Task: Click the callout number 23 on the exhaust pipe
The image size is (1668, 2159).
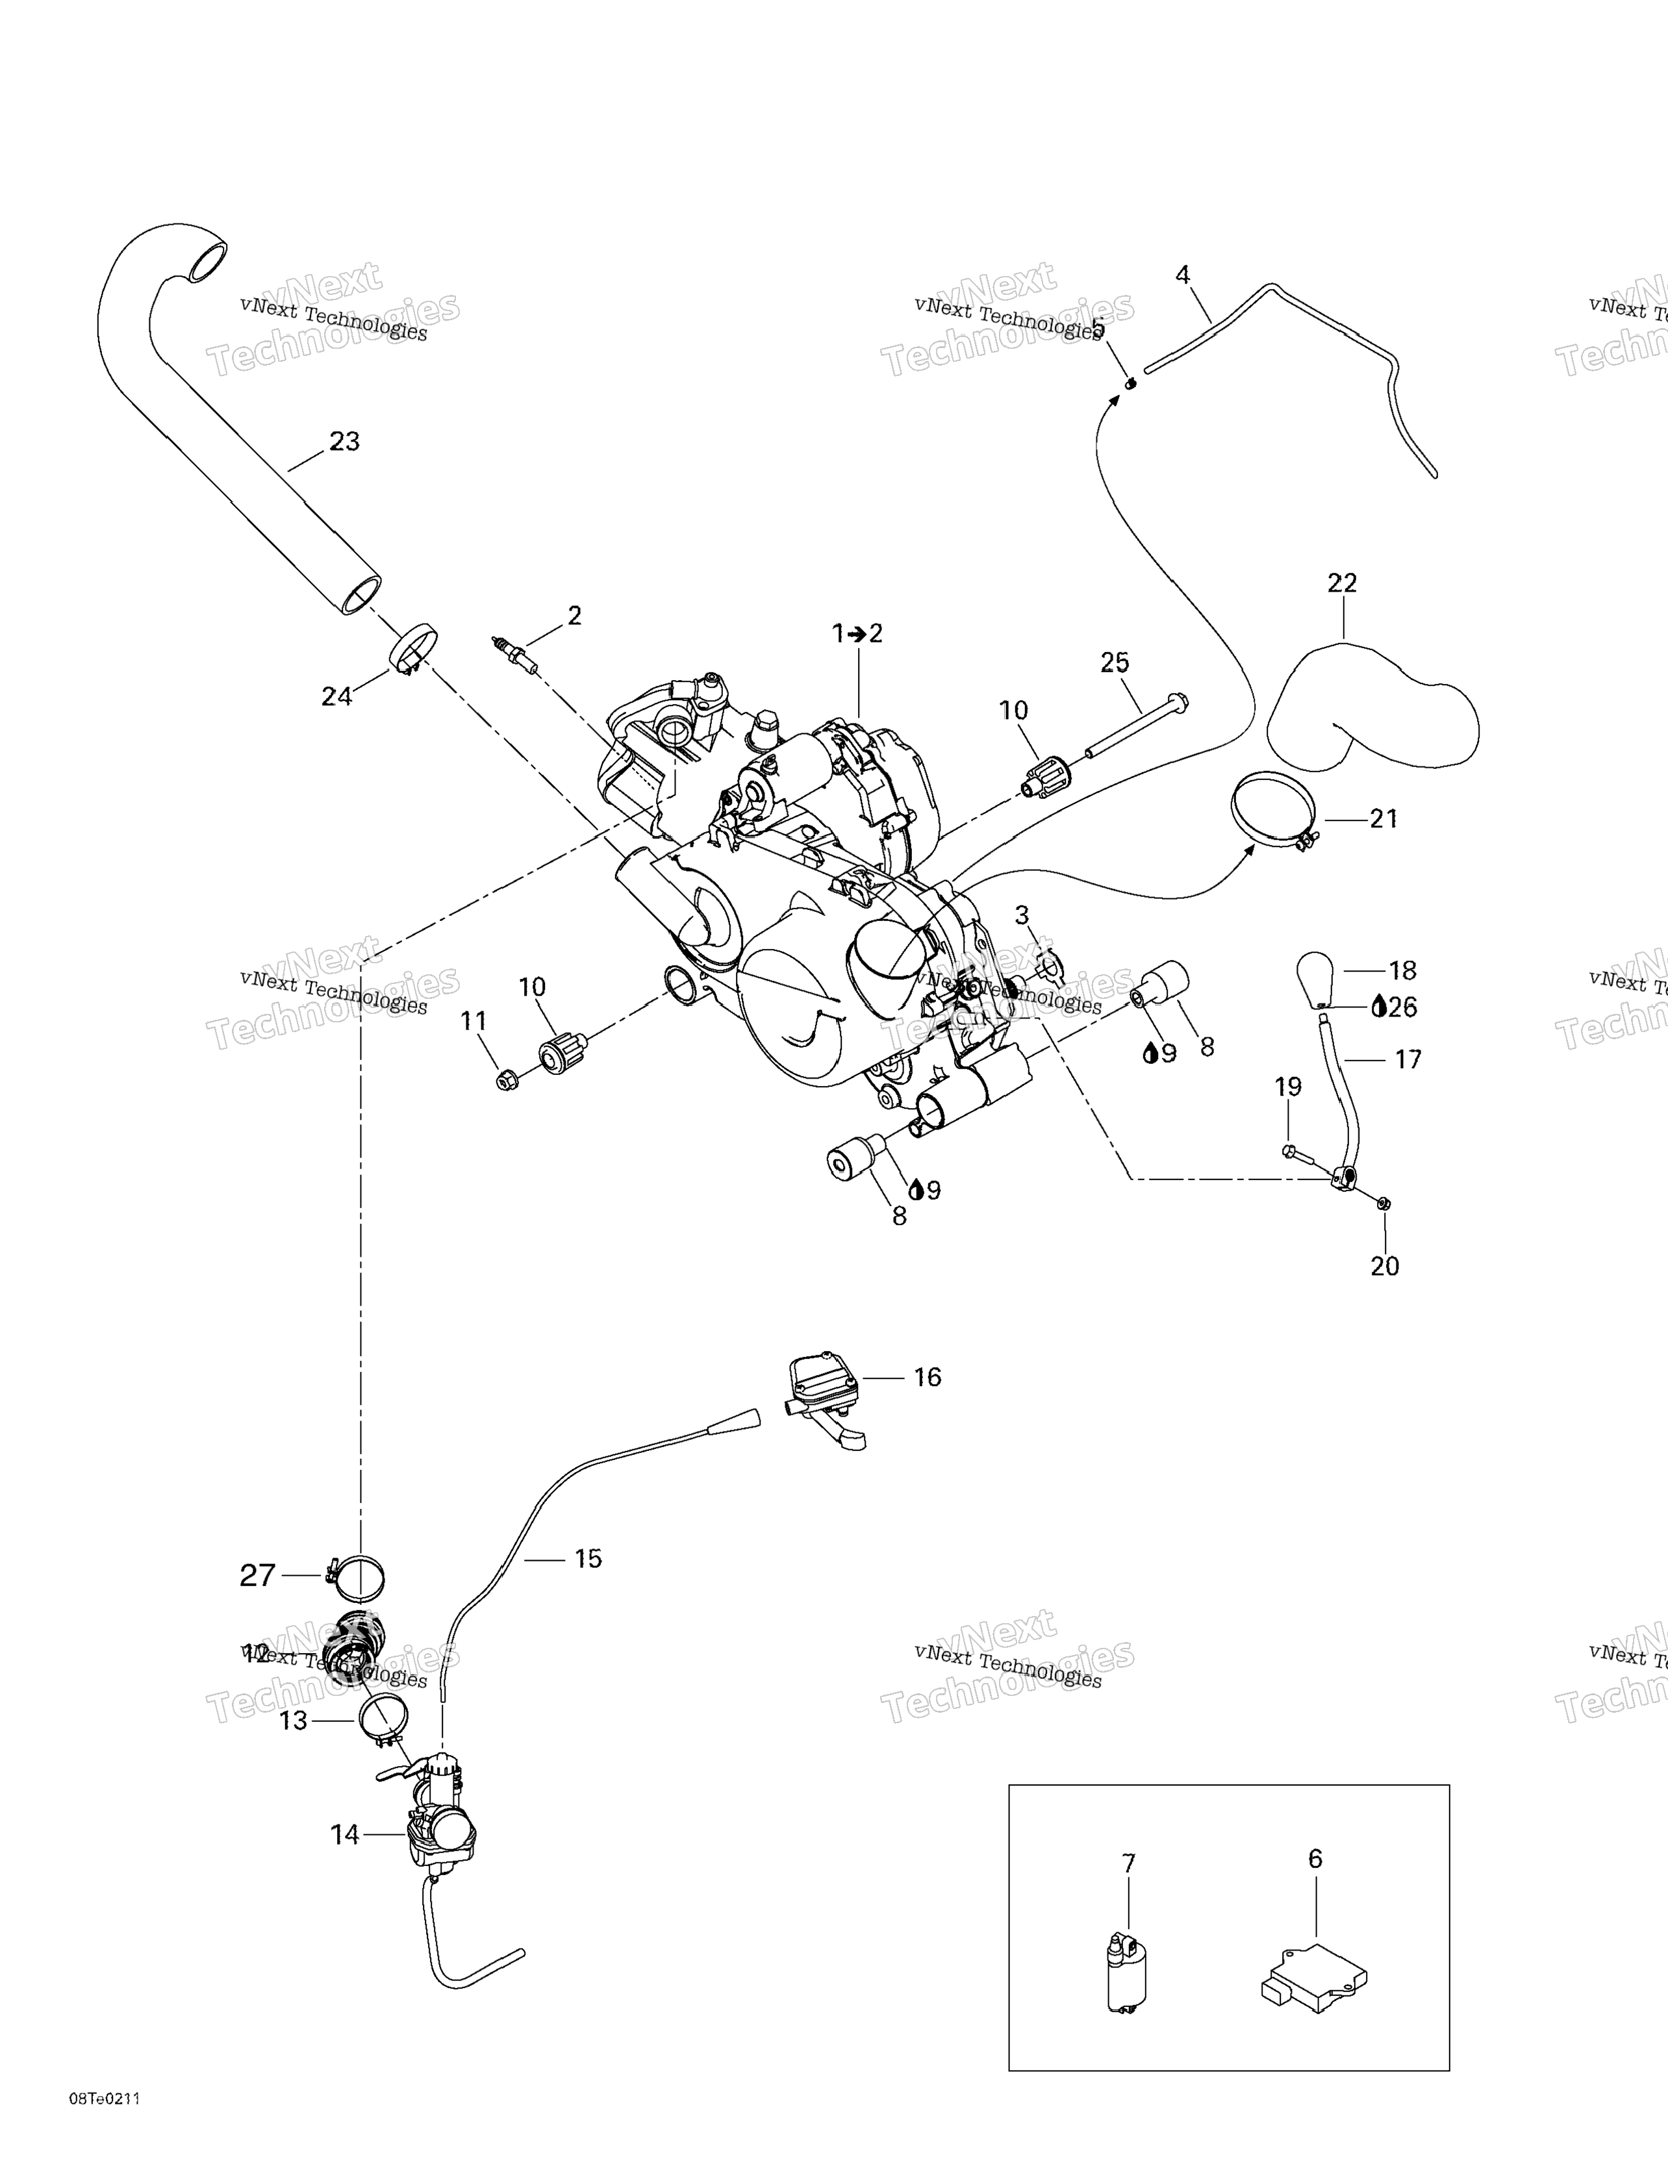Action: (x=344, y=442)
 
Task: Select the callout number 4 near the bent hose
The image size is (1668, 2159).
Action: (x=1183, y=275)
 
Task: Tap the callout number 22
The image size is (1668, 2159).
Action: (x=1342, y=583)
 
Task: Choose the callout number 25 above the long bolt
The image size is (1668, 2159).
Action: (x=1115, y=663)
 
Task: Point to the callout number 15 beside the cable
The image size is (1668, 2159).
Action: (x=587, y=1559)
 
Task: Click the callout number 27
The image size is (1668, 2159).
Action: (x=257, y=1575)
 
